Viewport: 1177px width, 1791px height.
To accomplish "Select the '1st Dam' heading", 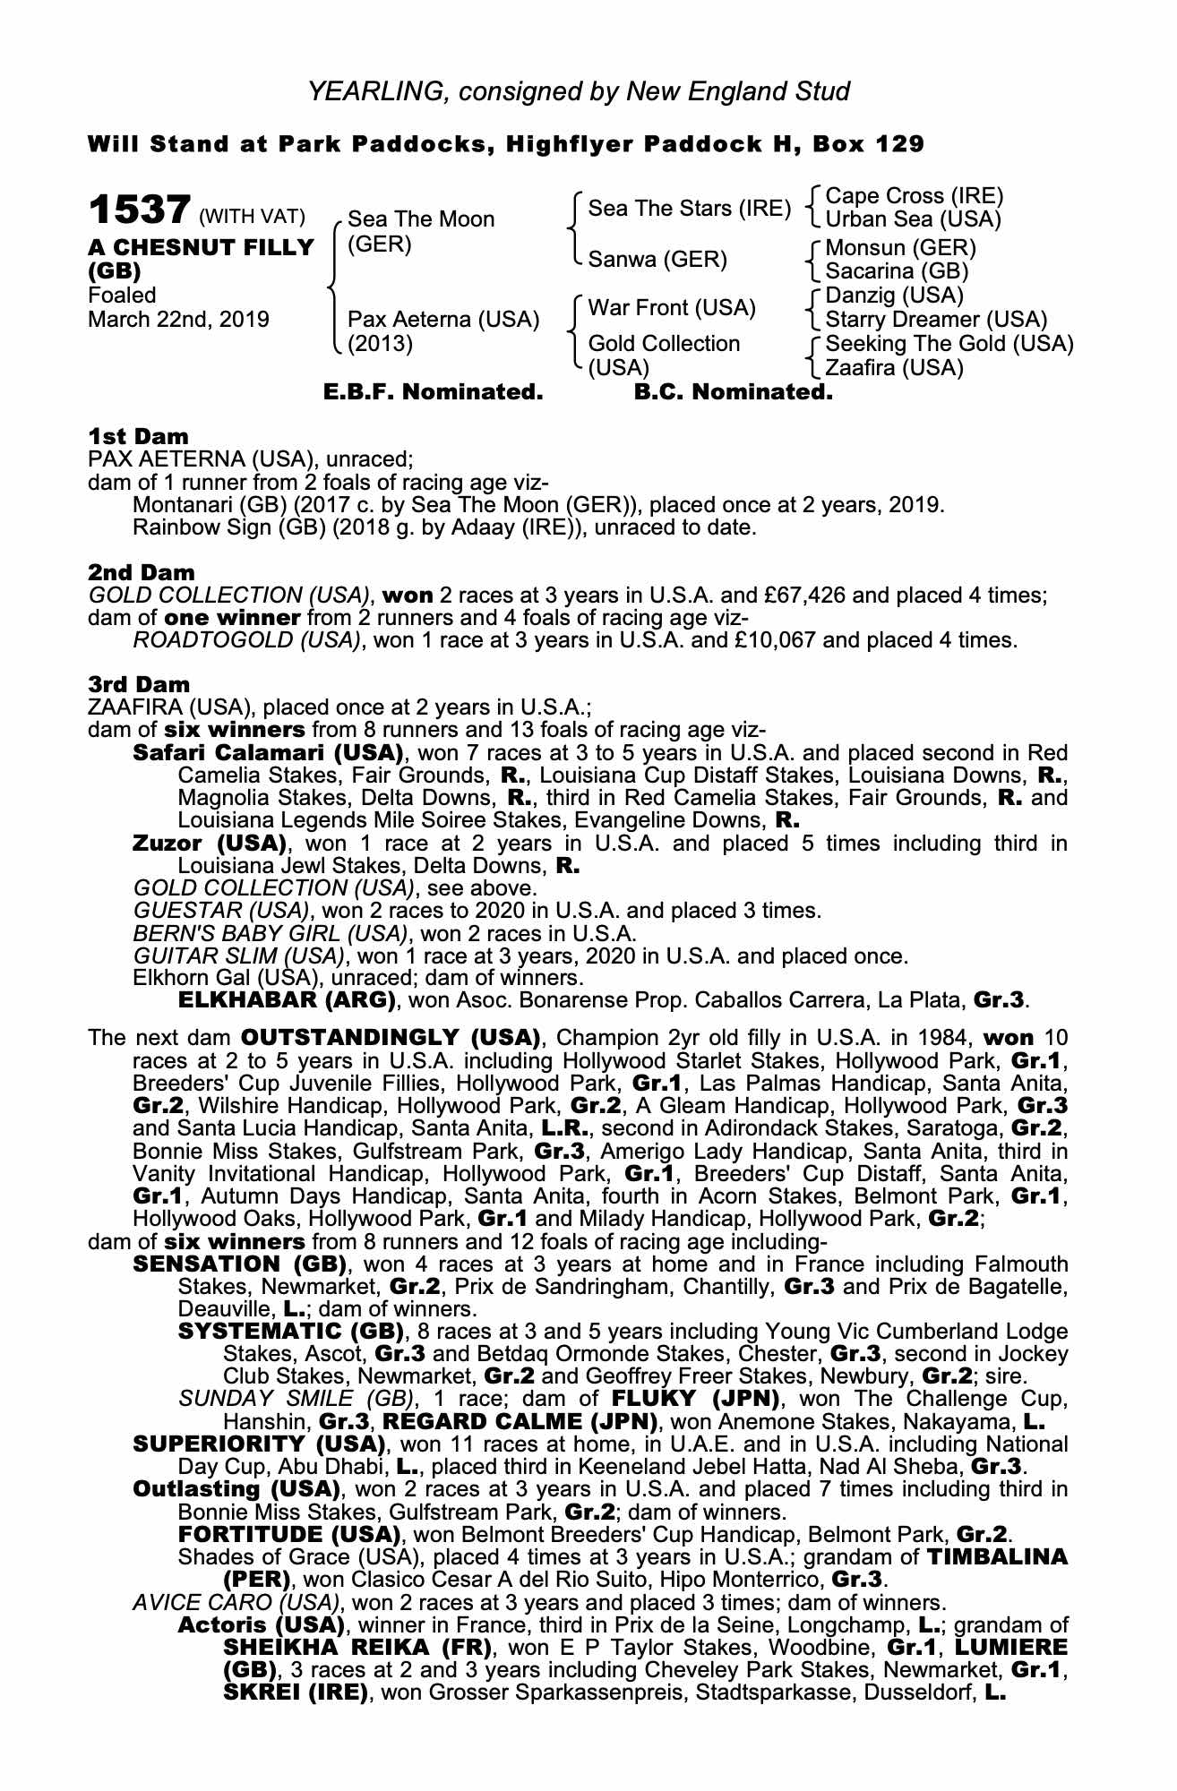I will coord(138,437).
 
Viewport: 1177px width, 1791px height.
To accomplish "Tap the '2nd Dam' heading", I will coord(141,572).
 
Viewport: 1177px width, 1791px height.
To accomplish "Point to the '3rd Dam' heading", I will coord(139,685).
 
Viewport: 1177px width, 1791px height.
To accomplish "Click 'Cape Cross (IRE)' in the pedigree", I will coord(914,196).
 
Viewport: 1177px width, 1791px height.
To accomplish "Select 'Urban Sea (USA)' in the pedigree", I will coord(913,219).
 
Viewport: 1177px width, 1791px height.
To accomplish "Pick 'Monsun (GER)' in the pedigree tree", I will coord(900,248).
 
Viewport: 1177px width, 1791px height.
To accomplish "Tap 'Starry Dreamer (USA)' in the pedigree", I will coord(936,320).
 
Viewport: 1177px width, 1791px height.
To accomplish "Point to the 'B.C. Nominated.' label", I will coord(733,392).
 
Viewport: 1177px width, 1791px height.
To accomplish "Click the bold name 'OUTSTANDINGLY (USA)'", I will coord(391,1039).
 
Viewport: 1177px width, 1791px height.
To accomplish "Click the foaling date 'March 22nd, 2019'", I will coord(178,320).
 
